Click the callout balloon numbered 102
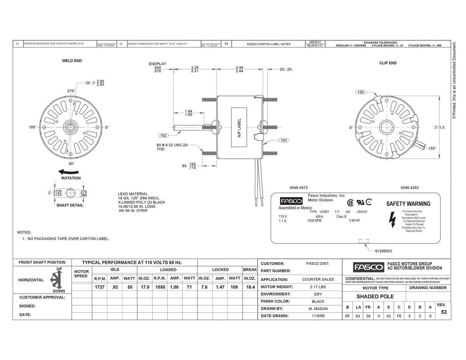(x=163, y=135)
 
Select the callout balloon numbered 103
(x=284, y=140)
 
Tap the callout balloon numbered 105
(x=361, y=92)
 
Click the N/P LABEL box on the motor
(x=239, y=127)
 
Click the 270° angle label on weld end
(x=71, y=91)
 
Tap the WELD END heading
(x=72, y=61)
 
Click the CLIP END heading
(x=388, y=63)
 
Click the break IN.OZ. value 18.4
(x=250, y=287)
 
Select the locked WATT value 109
(x=234, y=287)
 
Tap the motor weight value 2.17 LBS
(x=318, y=287)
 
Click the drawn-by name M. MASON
(x=318, y=309)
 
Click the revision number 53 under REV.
(x=444, y=312)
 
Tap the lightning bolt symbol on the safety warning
(x=392, y=220)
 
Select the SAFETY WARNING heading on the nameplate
(x=408, y=204)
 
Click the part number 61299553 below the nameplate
(x=383, y=251)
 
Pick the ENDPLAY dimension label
(x=157, y=64)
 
